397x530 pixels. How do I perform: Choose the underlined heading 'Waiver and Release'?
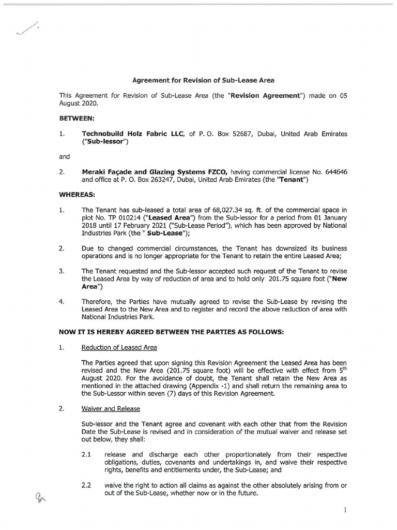pyautogui.click(x=111, y=409)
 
